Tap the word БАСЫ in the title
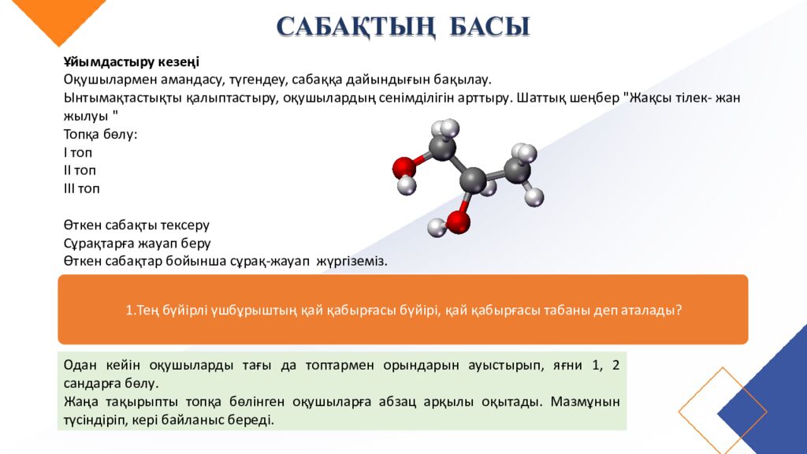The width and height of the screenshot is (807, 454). pos(489,26)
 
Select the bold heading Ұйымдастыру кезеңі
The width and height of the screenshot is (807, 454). pos(132,61)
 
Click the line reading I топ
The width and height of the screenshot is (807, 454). pos(78,152)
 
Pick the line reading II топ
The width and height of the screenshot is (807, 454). pos(80,170)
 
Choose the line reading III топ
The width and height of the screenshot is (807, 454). pos(82,188)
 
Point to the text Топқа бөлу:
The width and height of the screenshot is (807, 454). pos(100,134)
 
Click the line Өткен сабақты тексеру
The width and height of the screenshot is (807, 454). pos(136,225)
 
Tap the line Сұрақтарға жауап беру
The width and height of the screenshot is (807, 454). pos(137,243)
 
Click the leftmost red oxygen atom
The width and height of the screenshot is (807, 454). pos(404,167)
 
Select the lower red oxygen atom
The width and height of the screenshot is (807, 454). pos(458,221)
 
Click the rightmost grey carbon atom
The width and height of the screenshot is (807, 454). pos(517,169)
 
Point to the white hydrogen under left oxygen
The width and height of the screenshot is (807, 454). pos(407,186)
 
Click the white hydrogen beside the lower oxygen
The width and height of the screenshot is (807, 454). pos(436,229)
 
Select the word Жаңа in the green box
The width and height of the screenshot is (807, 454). pos(80,402)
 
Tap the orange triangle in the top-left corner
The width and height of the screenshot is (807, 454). pos(47,16)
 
